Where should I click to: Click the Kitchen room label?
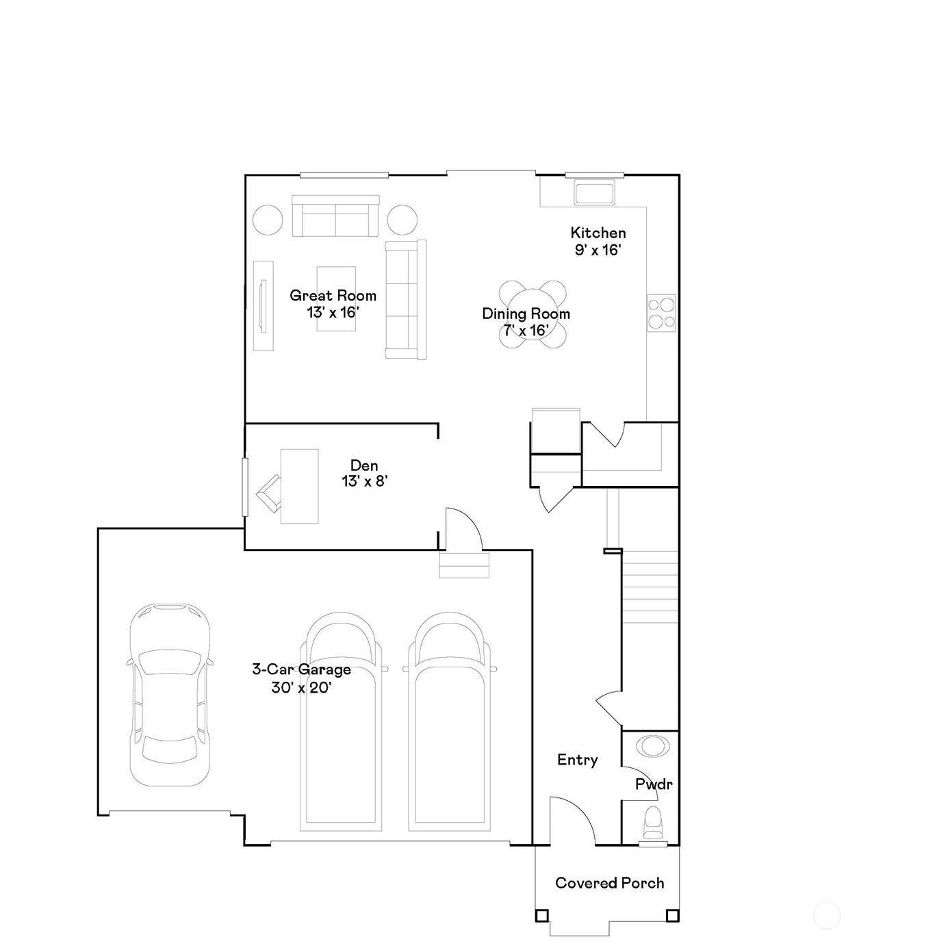[598, 233]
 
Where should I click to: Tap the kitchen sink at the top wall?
[594, 192]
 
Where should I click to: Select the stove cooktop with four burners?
[661, 313]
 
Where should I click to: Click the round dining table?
[533, 314]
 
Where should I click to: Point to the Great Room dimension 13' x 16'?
[333, 312]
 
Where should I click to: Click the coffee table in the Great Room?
[336, 298]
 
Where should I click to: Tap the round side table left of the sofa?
[268, 220]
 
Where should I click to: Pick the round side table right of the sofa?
[402, 220]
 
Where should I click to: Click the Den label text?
[364, 465]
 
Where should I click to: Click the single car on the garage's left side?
[170, 694]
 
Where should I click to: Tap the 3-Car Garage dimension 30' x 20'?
[301, 687]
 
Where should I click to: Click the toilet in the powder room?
[653, 823]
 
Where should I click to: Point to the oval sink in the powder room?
[653, 746]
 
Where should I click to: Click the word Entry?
[578, 760]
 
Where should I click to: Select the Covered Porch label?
[610, 883]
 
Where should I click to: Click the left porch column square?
[541, 916]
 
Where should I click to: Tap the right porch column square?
[673, 916]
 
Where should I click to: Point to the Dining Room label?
[526, 313]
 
